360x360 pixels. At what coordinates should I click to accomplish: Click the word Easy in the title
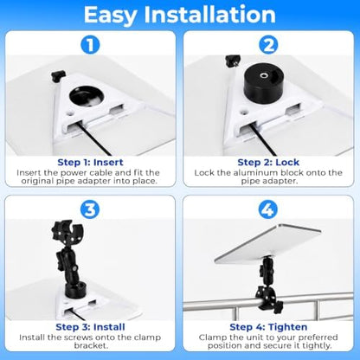click(x=110, y=16)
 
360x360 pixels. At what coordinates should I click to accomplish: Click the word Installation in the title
click(x=210, y=15)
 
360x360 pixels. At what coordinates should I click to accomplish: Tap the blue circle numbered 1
click(x=90, y=45)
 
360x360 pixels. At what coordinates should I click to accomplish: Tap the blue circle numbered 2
click(x=268, y=45)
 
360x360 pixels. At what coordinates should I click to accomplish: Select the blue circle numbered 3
click(x=90, y=209)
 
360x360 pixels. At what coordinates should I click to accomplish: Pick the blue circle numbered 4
click(x=267, y=209)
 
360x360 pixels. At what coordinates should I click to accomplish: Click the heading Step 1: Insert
click(x=90, y=163)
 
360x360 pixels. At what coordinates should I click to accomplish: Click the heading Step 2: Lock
click(x=268, y=163)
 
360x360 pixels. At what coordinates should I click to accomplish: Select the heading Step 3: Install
click(x=90, y=327)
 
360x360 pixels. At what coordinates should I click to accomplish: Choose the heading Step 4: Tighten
click(x=268, y=327)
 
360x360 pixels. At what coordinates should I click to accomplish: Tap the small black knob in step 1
click(x=59, y=76)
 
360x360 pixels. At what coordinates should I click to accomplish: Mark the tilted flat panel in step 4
click(x=267, y=244)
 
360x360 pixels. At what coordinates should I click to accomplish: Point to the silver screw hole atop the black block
click(x=263, y=75)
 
